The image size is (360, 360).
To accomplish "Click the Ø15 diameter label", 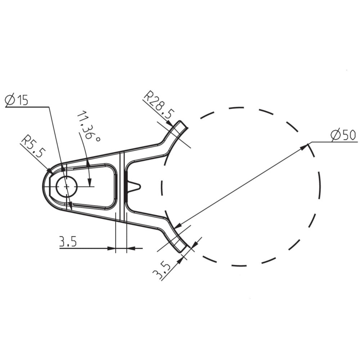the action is [x=17, y=100].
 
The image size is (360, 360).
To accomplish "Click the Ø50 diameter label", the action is [x=343, y=135].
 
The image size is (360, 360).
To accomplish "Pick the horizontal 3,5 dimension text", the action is [x=68, y=242].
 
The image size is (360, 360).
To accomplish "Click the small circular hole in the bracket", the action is [x=67, y=187].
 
